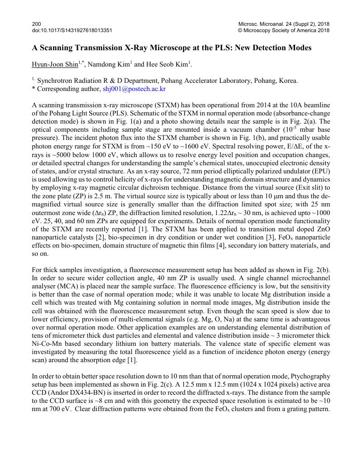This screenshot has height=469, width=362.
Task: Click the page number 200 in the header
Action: tap(36, 24)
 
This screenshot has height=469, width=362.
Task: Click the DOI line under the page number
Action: tap(72, 30)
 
